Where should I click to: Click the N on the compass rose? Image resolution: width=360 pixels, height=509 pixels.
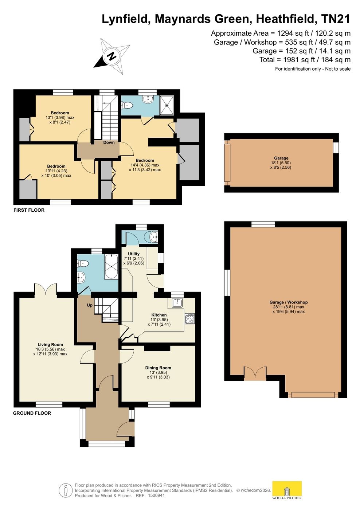111,56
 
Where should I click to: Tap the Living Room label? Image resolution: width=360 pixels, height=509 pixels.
50,344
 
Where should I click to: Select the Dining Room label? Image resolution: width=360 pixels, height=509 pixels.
158,368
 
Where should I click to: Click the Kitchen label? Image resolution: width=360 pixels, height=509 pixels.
159,315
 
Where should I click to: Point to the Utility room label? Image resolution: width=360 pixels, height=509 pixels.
134,254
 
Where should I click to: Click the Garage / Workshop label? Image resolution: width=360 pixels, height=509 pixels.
289,302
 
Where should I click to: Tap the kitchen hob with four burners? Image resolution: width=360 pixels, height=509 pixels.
190,318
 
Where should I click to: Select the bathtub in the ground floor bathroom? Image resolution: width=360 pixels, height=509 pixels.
111,267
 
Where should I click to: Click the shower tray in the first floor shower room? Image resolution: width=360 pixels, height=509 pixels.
167,105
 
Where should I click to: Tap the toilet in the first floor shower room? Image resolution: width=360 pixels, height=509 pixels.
127,105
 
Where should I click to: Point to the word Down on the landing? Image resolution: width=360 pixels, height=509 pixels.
109,142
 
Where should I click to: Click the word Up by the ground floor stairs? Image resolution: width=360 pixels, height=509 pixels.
90,305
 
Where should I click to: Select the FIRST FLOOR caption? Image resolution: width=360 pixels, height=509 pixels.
29,210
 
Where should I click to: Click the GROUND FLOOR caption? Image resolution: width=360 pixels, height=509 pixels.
32,413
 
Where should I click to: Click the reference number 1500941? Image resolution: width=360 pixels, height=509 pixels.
156,496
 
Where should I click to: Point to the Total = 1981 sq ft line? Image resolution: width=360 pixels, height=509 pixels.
305,60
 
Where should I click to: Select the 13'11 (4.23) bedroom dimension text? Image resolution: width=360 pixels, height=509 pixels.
56,171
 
